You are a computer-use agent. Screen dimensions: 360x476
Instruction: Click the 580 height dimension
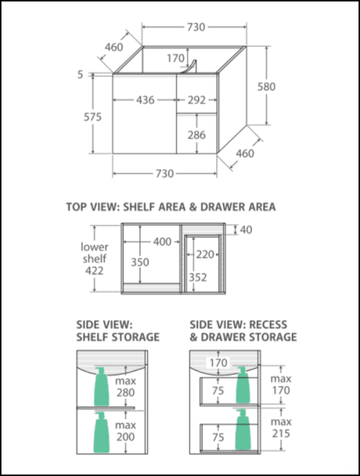pyautogui.click(x=267, y=87)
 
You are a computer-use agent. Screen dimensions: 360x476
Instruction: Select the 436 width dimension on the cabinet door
pyautogui.click(x=145, y=100)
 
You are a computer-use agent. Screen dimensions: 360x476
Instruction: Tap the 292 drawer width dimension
pyautogui.click(x=196, y=100)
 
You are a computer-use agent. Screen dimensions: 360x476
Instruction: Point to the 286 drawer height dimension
pyautogui.click(x=196, y=135)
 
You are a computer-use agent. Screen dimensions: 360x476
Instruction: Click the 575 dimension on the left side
pyautogui.click(x=92, y=117)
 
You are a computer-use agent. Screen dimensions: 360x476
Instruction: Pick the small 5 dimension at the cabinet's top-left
pyautogui.click(x=80, y=74)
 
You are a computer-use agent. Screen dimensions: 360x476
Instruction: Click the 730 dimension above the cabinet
pyautogui.click(x=196, y=27)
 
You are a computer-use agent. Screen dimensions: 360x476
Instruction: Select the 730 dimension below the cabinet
pyautogui.click(x=165, y=174)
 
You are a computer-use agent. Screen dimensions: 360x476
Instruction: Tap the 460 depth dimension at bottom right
pyautogui.click(x=245, y=153)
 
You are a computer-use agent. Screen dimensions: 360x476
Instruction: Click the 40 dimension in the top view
pyautogui.click(x=247, y=230)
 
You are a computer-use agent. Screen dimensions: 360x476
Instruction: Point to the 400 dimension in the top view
pyautogui.click(x=162, y=242)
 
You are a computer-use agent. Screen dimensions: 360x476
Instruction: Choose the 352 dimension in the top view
pyautogui.click(x=197, y=277)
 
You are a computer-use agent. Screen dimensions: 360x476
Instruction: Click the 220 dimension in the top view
pyautogui.click(x=205, y=254)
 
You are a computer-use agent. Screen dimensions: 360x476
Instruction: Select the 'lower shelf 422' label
pyautogui.click(x=95, y=258)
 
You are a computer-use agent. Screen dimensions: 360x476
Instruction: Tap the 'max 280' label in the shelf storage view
pyautogui.click(x=125, y=387)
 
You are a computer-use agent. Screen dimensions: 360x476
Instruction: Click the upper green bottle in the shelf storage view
pyautogui.click(x=102, y=387)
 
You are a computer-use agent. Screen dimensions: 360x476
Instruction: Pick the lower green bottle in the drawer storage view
pyautogui.click(x=243, y=430)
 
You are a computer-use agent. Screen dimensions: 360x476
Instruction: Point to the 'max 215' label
pyautogui.click(x=281, y=427)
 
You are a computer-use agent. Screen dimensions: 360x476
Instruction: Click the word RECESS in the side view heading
pyautogui.click(x=268, y=325)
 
